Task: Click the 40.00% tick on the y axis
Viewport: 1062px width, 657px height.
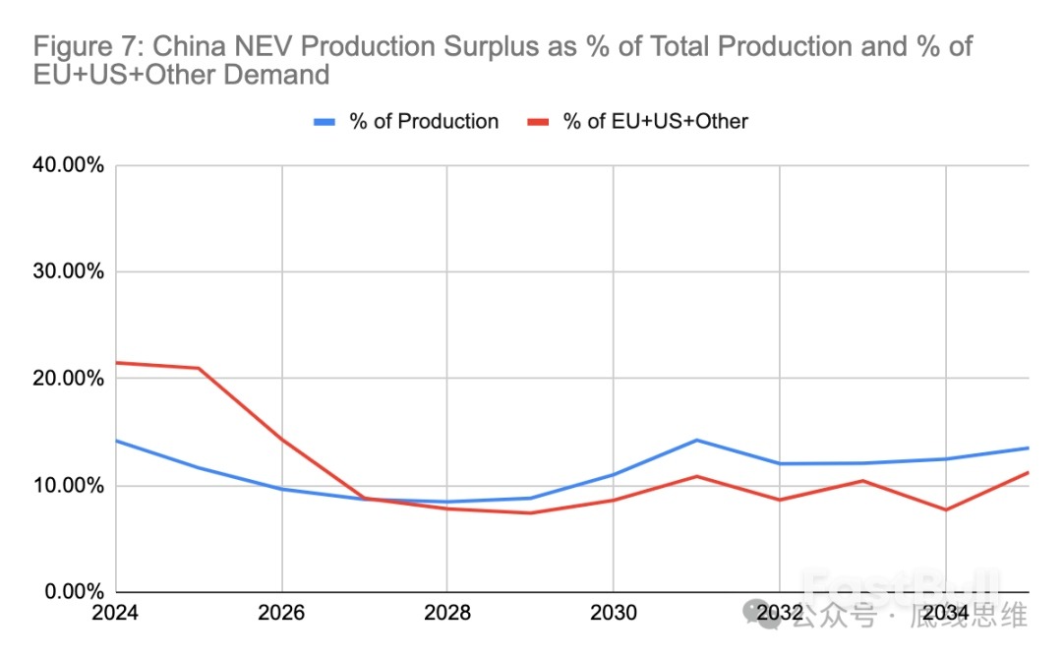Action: click(69, 165)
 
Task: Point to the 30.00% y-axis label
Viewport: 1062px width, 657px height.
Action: click(69, 272)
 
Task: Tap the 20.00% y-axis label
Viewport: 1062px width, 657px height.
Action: click(69, 379)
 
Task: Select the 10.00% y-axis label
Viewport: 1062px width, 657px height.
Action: click(69, 486)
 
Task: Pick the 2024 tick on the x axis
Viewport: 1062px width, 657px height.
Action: click(116, 614)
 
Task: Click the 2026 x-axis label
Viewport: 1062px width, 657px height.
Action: click(282, 614)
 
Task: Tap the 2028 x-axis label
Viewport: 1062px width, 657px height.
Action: click(447, 614)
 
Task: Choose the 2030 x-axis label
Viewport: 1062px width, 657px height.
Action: click(613, 614)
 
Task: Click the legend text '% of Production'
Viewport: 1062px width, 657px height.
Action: click(424, 122)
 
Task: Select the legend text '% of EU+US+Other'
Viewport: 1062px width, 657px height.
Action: click(655, 122)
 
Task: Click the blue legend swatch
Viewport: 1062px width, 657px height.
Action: click(325, 122)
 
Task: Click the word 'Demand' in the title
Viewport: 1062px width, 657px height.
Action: click(279, 75)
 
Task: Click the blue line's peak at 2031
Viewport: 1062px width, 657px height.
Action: click(696, 440)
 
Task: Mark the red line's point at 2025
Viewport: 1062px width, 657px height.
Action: click(199, 368)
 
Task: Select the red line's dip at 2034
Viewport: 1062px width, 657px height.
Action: click(945, 509)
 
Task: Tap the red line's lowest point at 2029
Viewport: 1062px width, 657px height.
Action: click(530, 512)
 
